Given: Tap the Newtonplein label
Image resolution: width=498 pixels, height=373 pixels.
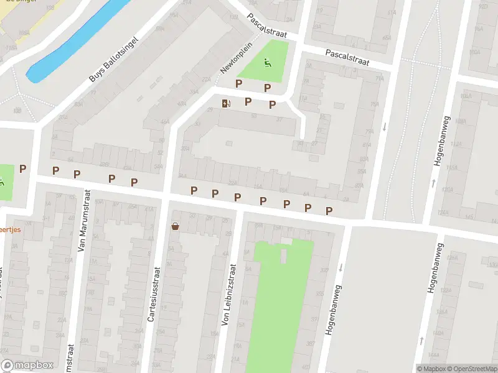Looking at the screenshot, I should (233, 62).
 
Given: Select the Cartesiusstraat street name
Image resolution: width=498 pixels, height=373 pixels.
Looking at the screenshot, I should (154, 294).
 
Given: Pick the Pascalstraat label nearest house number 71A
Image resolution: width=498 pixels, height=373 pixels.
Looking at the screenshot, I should (347, 58).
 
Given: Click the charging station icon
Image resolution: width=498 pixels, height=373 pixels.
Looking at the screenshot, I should (225, 103).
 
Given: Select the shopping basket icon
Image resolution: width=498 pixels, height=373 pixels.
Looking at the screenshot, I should (176, 226).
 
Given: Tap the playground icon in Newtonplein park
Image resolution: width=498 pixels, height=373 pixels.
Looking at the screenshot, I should (268, 62).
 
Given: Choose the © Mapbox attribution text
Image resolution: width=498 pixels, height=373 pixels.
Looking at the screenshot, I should (431, 369).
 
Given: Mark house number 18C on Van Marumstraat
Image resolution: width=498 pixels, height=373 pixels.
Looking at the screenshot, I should (63, 293).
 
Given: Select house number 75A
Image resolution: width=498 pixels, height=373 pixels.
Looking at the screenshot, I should (374, 104).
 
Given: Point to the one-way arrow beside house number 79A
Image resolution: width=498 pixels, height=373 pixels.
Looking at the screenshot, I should (385, 127).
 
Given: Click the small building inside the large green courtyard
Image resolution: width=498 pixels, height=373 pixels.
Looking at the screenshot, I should (284, 256).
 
